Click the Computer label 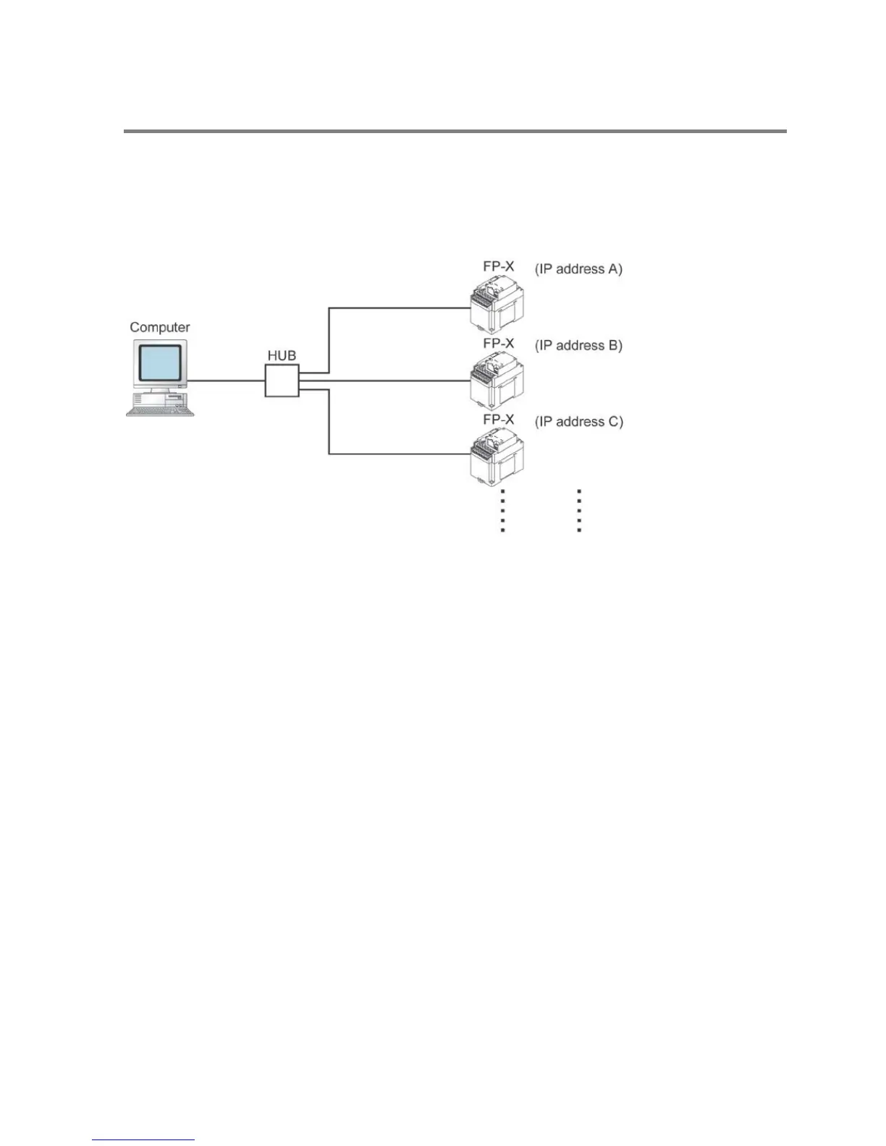point(159,327)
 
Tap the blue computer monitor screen point(160,364)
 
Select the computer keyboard point(160,410)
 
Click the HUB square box point(282,381)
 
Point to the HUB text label point(282,356)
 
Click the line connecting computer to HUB point(226,381)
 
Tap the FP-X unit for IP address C point(497,456)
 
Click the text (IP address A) point(578,269)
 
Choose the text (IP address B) point(578,345)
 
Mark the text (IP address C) point(578,421)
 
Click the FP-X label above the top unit point(499,266)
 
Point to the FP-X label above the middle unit point(499,343)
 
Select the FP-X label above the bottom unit point(499,420)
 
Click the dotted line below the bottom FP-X point(502,511)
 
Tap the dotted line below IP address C point(579,511)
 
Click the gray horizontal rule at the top point(455,131)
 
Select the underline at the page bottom point(143,1140)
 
